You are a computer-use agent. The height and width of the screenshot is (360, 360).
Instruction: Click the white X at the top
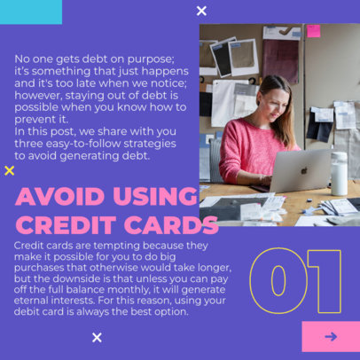click(x=201, y=11)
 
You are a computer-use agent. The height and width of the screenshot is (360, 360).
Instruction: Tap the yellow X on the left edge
click(x=10, y=170)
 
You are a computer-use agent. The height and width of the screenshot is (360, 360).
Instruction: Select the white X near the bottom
click(x=97, y=337)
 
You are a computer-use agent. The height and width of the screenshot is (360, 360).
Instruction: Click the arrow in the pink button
click(x=331, y=337)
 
